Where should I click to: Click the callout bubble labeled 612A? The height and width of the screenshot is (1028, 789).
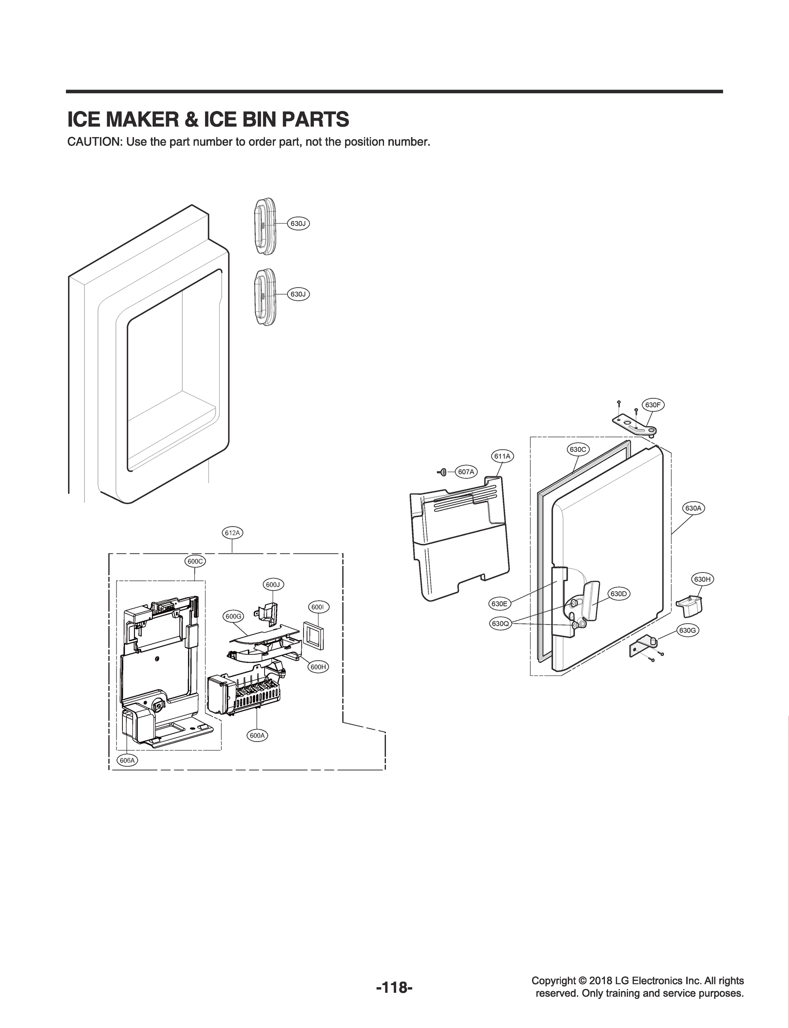(x=232, y=533)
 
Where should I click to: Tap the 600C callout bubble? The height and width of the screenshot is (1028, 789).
(x=195, y=562)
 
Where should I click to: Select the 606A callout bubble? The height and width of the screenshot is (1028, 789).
(x=127, y=760)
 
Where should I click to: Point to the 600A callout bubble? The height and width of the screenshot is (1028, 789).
(x=257, y=736)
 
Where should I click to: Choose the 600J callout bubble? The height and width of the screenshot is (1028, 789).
(x=273, y=585)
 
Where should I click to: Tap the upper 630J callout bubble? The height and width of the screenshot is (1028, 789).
(x=298, y=224)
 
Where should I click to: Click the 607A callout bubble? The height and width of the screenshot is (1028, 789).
(x=466, y=472)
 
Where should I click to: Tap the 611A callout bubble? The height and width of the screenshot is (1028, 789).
(x=502, y=456)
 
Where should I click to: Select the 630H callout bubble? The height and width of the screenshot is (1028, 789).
(x=702, y=579)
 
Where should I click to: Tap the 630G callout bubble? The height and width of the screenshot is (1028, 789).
(x=687, y=631)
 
